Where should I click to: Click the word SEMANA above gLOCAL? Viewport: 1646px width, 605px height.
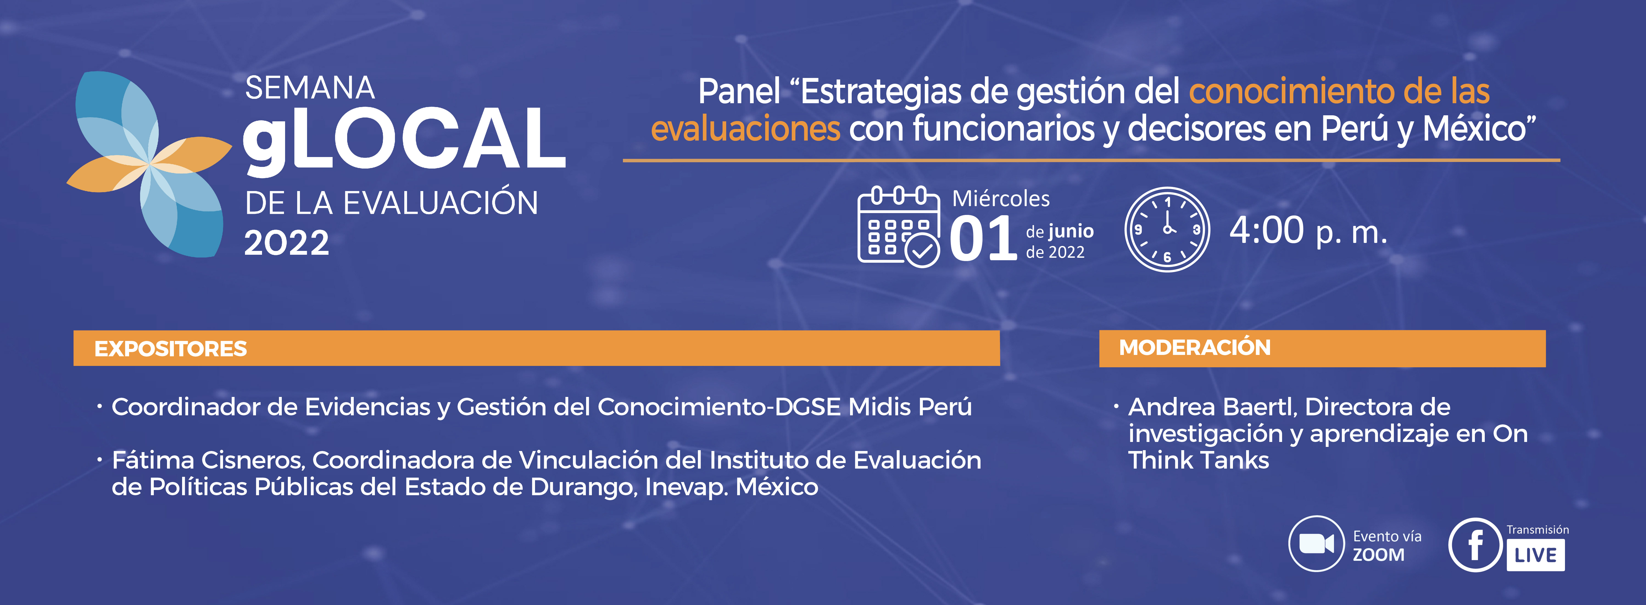coord(310,88)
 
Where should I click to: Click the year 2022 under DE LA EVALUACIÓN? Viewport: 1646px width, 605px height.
coord(287,243)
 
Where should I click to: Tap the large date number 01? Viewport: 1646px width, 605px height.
coord(983,238)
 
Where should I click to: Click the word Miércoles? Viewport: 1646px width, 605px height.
coord(1001,199)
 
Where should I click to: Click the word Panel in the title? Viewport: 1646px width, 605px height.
coord(739,91)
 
